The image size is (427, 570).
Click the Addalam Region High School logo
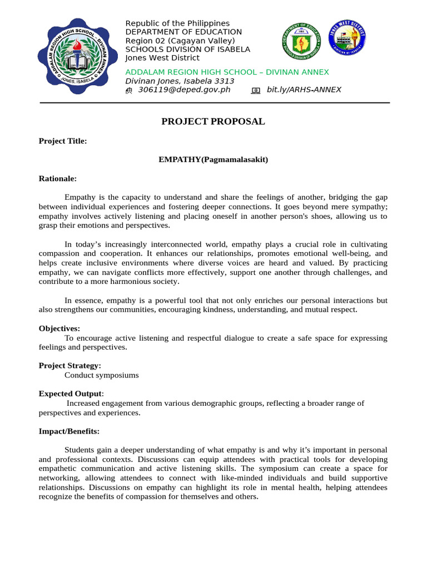point(77,57)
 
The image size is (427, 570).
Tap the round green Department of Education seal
point(302,42)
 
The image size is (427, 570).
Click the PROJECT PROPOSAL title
point(213,121)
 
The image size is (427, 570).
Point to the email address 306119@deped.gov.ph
point(184,90)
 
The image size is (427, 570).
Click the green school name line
point(227,72)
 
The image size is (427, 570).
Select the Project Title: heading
point(63,141)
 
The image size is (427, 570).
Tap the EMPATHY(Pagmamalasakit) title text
point(213,160)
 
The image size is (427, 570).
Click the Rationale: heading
point(58,179)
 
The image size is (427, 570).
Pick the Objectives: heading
point(59,329)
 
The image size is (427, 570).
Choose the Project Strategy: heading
point(70,366)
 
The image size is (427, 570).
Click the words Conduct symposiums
point(102,375)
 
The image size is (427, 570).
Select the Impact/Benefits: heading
point(69,431)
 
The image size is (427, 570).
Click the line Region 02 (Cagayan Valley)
point(180,41)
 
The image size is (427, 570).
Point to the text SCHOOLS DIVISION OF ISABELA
point(187,49)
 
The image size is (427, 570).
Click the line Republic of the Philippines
point(177,23)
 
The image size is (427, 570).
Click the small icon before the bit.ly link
point(256,90)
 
